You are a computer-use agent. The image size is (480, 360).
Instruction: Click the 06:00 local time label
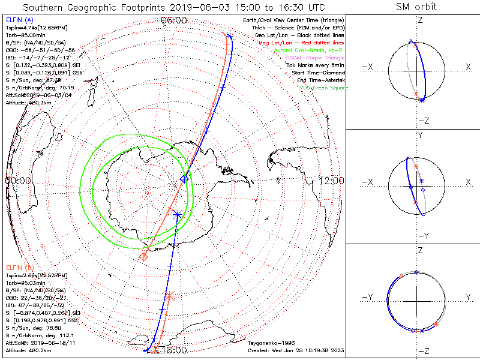[174, 20]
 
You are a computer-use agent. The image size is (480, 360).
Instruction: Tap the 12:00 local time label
[331, 180]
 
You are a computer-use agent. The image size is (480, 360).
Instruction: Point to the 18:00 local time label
[174, 350]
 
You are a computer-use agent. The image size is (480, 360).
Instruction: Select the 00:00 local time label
[18, 180]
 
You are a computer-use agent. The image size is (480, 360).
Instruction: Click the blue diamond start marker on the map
[185, 179]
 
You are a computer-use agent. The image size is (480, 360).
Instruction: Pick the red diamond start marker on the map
[143, 257]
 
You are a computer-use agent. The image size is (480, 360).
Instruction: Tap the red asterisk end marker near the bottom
[170, 295]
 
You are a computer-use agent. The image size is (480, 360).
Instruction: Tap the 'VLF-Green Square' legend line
[324, 88]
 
